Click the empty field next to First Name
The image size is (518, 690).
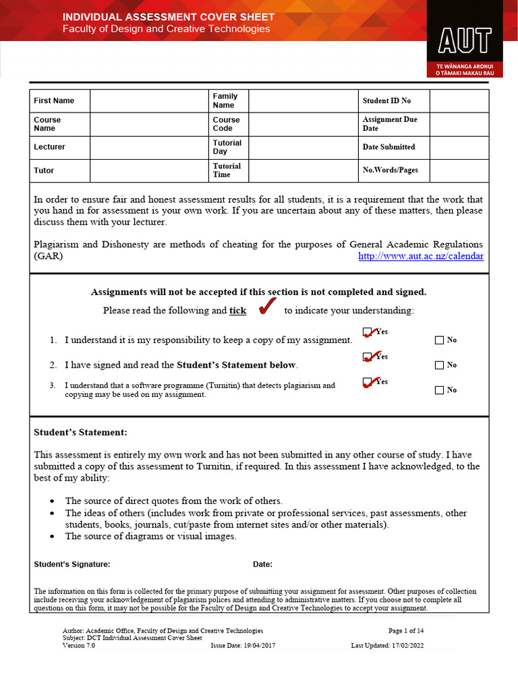[149, 101]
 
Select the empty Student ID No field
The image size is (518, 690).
[459, 101]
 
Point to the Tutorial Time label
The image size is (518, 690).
[227, 170]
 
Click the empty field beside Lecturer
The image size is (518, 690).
[149, 147]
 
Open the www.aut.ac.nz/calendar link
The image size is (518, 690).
[421, 257]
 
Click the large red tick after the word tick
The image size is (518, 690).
[267, 307]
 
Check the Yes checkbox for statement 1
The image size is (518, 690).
[368, 332]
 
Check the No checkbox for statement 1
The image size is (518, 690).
[440, 340]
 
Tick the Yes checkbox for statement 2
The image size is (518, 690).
[368, 357]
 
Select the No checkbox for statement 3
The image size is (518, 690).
[440, 390]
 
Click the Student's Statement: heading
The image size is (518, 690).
[80, 432]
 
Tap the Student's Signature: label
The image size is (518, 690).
[72, 565]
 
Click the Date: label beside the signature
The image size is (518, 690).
[262, 565]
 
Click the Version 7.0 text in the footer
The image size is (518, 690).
[79, 646]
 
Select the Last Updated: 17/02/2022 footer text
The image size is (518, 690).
[387, 646]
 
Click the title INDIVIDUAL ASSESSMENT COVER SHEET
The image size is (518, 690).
[169, 17]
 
